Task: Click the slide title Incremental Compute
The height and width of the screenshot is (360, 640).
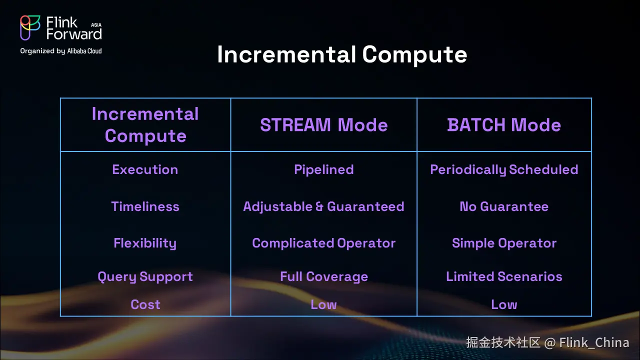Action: tap(342, 54)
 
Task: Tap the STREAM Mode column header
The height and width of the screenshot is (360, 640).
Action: tap(323, 125)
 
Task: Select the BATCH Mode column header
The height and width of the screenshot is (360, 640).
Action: tap(504, 125)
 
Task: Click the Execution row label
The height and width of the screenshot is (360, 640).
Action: tap(145, 169)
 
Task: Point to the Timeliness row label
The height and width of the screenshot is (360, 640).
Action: tap(145, 206)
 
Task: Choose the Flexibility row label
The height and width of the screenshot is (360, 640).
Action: tap(145, 243)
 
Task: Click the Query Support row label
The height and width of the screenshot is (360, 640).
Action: tap(145, 277)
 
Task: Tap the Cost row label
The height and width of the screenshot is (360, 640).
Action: tap(145, 304)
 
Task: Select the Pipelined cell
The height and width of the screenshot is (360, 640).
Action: tap(324, 169)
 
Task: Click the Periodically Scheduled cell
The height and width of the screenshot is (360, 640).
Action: tap(504, 169)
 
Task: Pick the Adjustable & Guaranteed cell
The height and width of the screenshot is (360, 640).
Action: tap(323, 206)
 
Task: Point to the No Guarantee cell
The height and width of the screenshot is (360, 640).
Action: tap(504, 206)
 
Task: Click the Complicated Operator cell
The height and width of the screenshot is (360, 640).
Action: tap(323, 243)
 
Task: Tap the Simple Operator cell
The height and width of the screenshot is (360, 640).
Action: tap(504, 243)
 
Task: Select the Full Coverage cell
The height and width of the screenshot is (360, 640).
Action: tap(324, 276)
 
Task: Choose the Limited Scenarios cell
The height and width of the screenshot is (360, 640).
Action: tap(504, 276)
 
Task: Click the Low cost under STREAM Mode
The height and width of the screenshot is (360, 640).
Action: tap(323, 304)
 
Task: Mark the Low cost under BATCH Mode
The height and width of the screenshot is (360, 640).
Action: tap(504, 304)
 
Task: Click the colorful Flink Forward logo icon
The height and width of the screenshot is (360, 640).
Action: tap(30, 27)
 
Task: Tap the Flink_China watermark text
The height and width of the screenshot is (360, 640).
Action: tap(594, 342)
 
